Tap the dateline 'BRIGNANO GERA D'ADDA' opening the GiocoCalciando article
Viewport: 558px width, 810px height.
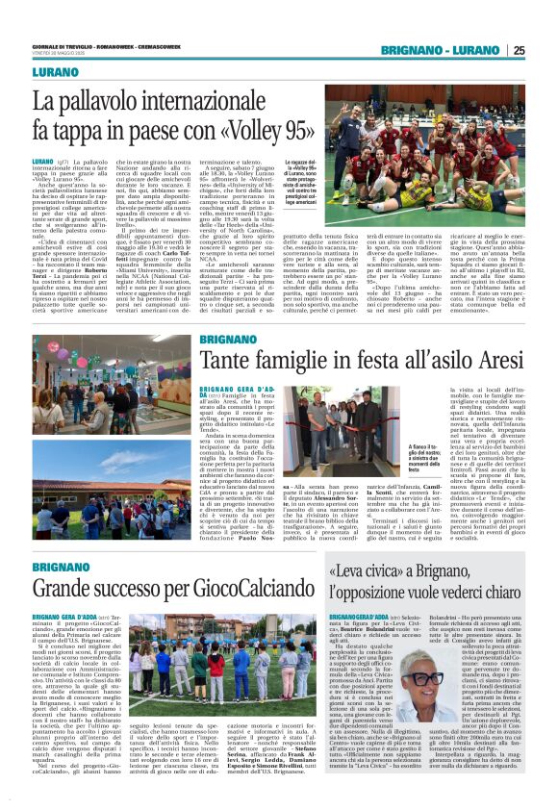coord(65,617)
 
